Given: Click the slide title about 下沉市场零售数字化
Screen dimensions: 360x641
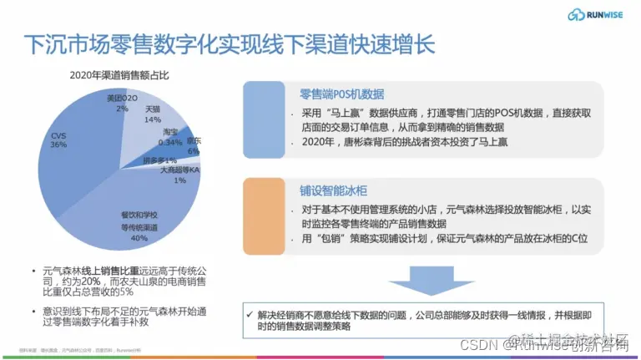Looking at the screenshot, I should tap(229, 43).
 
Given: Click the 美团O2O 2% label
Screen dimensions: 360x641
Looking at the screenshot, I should tap(122, 104).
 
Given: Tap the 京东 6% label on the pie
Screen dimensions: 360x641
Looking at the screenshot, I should tap(193, 145).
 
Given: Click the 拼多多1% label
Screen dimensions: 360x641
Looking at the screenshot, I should tap(159, 160).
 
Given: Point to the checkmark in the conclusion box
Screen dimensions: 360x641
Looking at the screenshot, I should tap(252, 314).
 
